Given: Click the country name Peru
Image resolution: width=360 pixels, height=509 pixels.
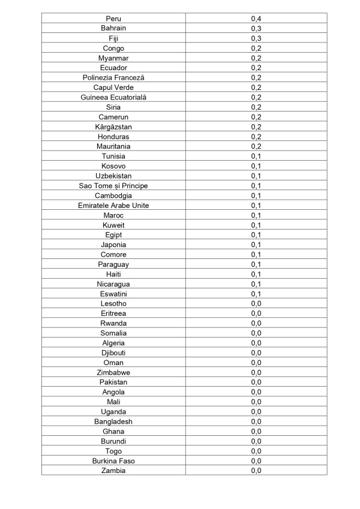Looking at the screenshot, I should pos(113,19).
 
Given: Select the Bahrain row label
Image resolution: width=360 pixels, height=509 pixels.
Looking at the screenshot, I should pos(113,28).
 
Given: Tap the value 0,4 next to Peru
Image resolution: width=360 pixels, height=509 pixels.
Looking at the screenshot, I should pos(256,19).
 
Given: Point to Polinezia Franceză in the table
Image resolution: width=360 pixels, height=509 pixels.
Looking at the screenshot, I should pos(113,77).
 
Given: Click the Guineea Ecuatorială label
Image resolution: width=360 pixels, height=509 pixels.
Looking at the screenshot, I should pos(113,97).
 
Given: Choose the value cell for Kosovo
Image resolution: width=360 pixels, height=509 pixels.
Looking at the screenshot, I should pos(256,166).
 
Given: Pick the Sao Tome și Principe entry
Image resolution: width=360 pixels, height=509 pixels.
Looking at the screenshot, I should pos(113,186).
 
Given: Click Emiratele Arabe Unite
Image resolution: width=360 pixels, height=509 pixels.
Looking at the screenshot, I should pos(113,206).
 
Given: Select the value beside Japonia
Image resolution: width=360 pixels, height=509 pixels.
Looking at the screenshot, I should pos(256,245).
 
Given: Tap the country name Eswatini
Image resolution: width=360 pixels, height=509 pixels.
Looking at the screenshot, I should pos(113,294).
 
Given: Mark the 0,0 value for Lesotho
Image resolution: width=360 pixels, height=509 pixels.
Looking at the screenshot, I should pos(256,303).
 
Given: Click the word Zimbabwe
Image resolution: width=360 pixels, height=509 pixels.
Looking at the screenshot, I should pos(113,372).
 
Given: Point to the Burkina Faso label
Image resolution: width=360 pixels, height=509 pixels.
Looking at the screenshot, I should pos(113,461).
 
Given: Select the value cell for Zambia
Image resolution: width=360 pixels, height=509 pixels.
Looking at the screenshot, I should pos(256,471).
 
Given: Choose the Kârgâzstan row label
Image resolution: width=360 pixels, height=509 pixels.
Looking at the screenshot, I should pos(113,127).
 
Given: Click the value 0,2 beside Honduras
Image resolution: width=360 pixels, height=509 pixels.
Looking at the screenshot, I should pos(256,137).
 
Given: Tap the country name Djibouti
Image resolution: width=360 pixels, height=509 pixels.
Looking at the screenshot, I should pos(113,353).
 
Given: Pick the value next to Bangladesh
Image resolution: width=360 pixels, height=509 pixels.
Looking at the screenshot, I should pos(256,421).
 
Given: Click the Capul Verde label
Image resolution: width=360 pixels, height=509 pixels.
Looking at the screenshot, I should pos(113,88).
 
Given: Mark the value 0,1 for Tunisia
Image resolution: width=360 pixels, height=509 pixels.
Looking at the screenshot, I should pos(256,156).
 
